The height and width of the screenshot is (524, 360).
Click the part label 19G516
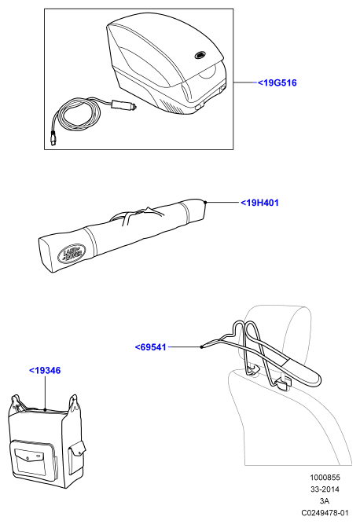277,82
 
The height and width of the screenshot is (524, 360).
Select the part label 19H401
259,203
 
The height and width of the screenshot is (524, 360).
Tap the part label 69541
150,347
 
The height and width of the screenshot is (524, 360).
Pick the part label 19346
45,370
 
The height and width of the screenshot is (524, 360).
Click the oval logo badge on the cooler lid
200,55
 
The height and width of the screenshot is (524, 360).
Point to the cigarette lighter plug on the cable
124,105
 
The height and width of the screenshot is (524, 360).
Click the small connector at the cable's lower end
53,138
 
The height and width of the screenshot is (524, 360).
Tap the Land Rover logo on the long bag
72,252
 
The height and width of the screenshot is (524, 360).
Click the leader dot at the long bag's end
205,202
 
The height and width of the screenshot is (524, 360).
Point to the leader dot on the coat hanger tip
201,347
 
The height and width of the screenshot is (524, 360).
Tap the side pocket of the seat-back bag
76,456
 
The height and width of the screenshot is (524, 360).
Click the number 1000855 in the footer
325,478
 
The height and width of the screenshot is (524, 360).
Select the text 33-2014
325,489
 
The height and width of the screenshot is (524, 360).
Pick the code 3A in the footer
324,501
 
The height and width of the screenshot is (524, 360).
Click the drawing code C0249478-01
325,513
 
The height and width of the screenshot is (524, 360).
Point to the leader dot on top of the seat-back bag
45,409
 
